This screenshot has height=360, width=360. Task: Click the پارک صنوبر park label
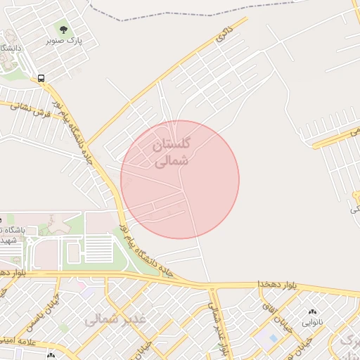[64, 41]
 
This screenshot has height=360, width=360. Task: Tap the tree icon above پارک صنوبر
[64, 30]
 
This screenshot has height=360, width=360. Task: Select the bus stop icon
[41, 79]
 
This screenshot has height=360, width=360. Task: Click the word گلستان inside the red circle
[171, 146]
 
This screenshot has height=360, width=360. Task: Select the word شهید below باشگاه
[8, 240]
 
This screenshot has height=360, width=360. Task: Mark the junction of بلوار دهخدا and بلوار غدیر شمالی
[211, 287]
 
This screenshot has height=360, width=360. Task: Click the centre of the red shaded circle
[180, 179]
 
